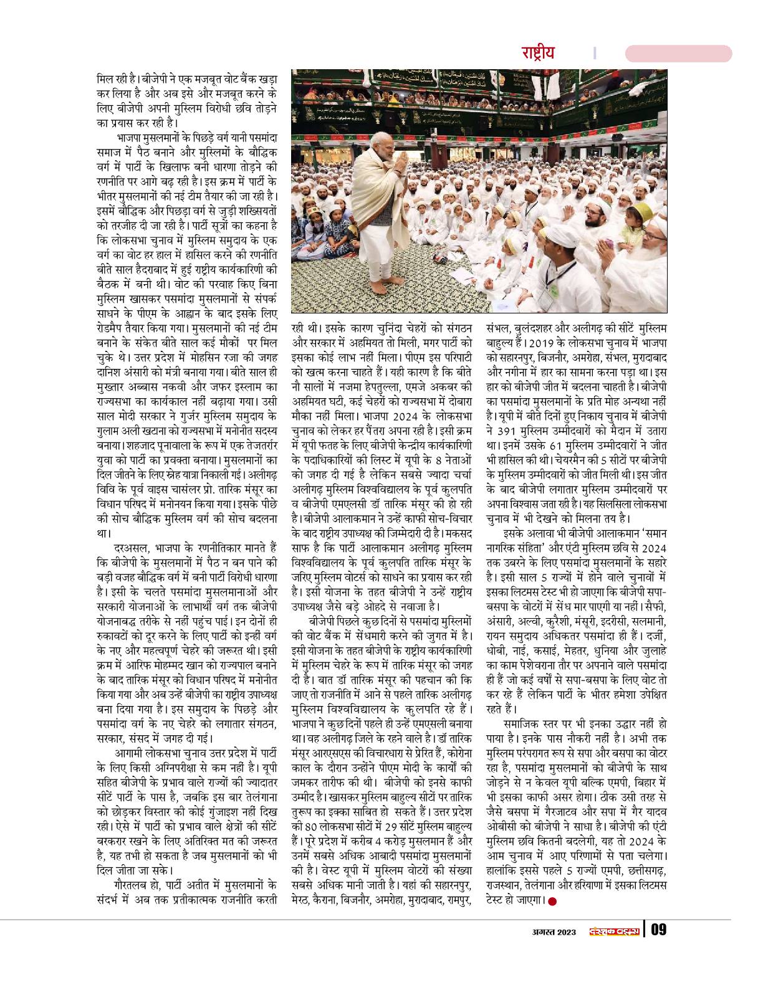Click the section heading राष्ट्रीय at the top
pos(537,52)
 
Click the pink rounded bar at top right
pos(678,54)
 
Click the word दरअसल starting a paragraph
pos(127,547)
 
